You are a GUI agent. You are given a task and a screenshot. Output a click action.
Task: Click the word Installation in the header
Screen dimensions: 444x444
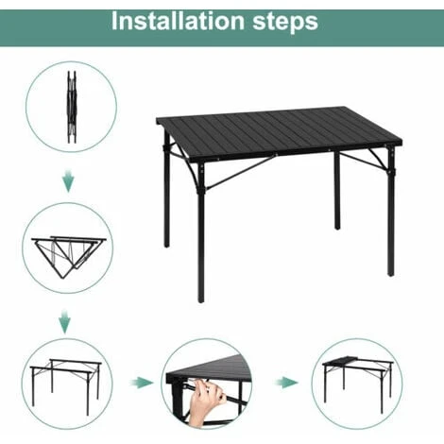click(x=179, y=21)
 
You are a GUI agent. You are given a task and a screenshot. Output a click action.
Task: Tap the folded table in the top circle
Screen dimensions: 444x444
click(x=72, y=107)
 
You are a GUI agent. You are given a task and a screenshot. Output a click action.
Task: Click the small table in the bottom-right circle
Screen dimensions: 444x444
click(x=358, y=384)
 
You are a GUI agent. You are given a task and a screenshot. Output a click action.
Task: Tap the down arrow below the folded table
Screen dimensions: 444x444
click(x=68, y=180)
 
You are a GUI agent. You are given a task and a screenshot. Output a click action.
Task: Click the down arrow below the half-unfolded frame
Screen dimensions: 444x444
click(x=65, y=321)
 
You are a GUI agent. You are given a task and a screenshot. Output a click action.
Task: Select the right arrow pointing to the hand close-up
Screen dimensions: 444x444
click(x=142, y=383)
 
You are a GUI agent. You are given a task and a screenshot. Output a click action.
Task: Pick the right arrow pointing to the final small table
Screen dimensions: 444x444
click(x=286, y=383)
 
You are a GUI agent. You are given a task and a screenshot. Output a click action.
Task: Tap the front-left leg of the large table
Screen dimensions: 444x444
click(x=201, y=233)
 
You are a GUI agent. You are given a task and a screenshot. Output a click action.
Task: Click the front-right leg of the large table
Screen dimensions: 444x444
click(x=391, y=211)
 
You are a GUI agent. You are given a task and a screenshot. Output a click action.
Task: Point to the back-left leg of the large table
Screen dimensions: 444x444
click(x=167, y=189)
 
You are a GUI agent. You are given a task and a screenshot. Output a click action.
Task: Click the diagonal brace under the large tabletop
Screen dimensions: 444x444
click(x=240, y=172)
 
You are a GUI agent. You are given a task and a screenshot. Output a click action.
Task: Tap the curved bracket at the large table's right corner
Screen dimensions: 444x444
click(x=379, y=159)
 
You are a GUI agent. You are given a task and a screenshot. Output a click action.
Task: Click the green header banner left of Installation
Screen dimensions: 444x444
click(x=55, y=27)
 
